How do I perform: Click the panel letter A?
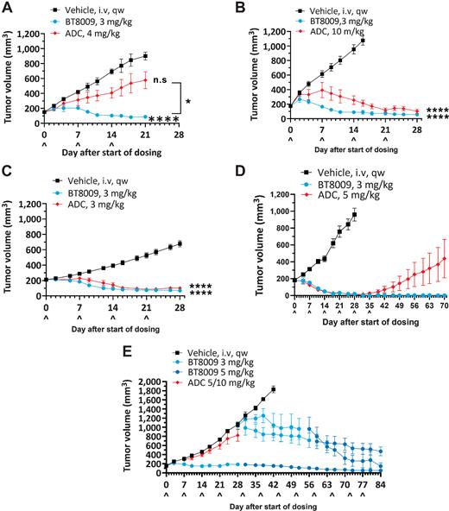pyautogui.click(x=8, y=8)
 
